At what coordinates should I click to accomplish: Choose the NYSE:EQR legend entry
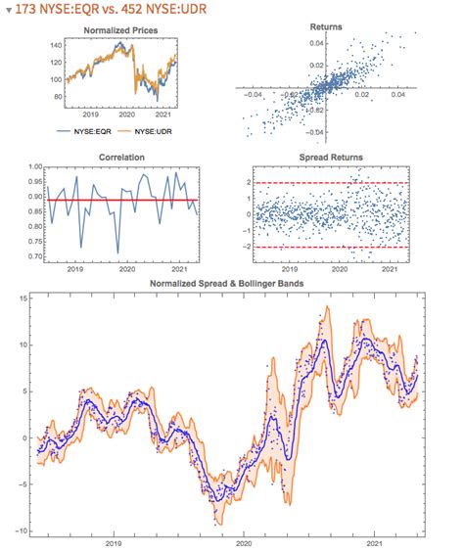[95, 128]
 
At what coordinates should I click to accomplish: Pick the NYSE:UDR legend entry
[150, 128]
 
